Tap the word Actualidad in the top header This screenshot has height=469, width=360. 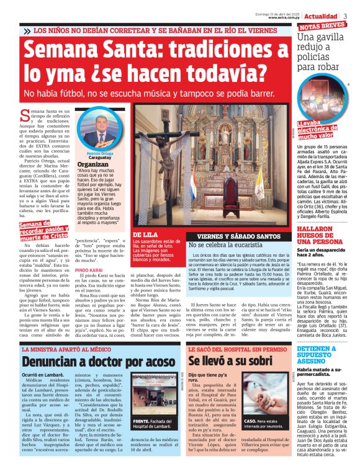click(x=322, y=15)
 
